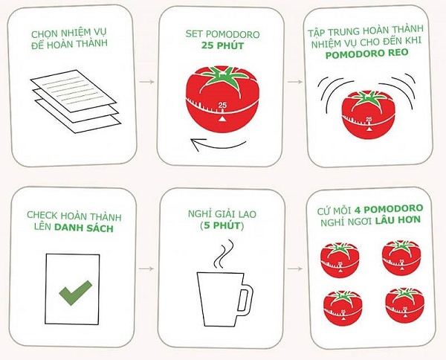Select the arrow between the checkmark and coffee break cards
147,266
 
